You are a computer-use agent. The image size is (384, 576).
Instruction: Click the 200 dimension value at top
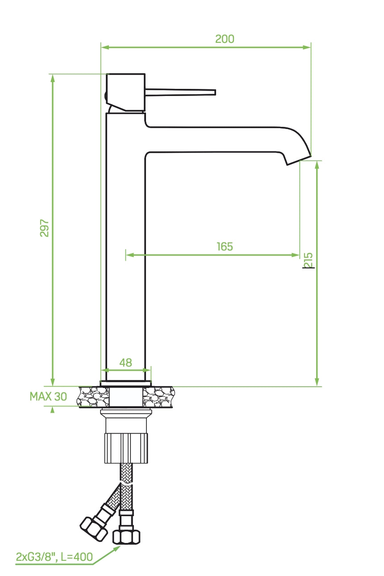click(225, 39)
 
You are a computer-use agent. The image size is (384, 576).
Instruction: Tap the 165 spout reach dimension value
click(225, 246)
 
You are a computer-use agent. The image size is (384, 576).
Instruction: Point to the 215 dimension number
click(309, 260)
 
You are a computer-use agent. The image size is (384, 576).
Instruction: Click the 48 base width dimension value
click(126, 363)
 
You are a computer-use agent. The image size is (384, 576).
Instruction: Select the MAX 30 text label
click(48, 397)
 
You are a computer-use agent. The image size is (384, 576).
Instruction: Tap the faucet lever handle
click(183, 92)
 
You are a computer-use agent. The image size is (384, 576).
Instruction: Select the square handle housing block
click(126, 92)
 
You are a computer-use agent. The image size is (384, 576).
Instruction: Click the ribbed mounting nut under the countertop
click(126, 447)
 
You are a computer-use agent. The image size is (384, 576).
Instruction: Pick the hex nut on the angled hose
click(94, 530)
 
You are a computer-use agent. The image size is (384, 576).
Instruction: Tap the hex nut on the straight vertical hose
click(127, 536)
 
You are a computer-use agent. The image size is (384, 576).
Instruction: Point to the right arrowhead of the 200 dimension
click(307, 47)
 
